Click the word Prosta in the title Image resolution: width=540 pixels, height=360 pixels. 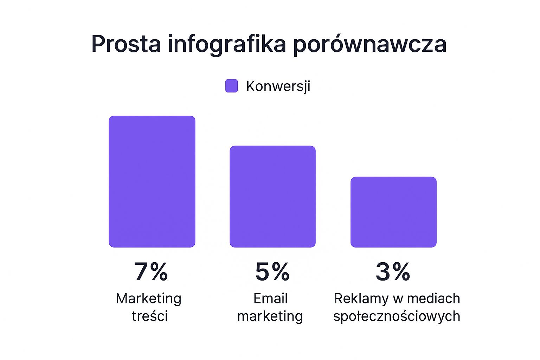coord(126,44)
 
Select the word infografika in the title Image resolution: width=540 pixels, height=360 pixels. coord(227,44)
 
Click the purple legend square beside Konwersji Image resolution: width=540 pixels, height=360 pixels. coord(231,86)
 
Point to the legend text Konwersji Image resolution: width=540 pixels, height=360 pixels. coord(278,86)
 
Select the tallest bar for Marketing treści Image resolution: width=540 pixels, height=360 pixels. coord(152,181)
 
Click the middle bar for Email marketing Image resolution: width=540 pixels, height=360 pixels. coord(272,197)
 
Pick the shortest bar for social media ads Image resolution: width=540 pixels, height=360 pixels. coord(393,212)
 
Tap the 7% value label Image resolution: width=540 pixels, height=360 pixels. coord(151,272)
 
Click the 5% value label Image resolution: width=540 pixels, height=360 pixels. coord(272,272)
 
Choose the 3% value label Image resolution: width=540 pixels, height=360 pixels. coord(393,272)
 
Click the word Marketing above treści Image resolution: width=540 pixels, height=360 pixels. coord(149,298)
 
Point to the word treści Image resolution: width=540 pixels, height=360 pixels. coord(150,316)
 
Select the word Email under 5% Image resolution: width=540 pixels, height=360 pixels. coord(270,298)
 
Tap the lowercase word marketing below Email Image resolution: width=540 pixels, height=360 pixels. coord(270,316)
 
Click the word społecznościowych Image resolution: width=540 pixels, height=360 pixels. coord(397,316)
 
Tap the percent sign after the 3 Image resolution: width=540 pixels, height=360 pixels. coord(401,272)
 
